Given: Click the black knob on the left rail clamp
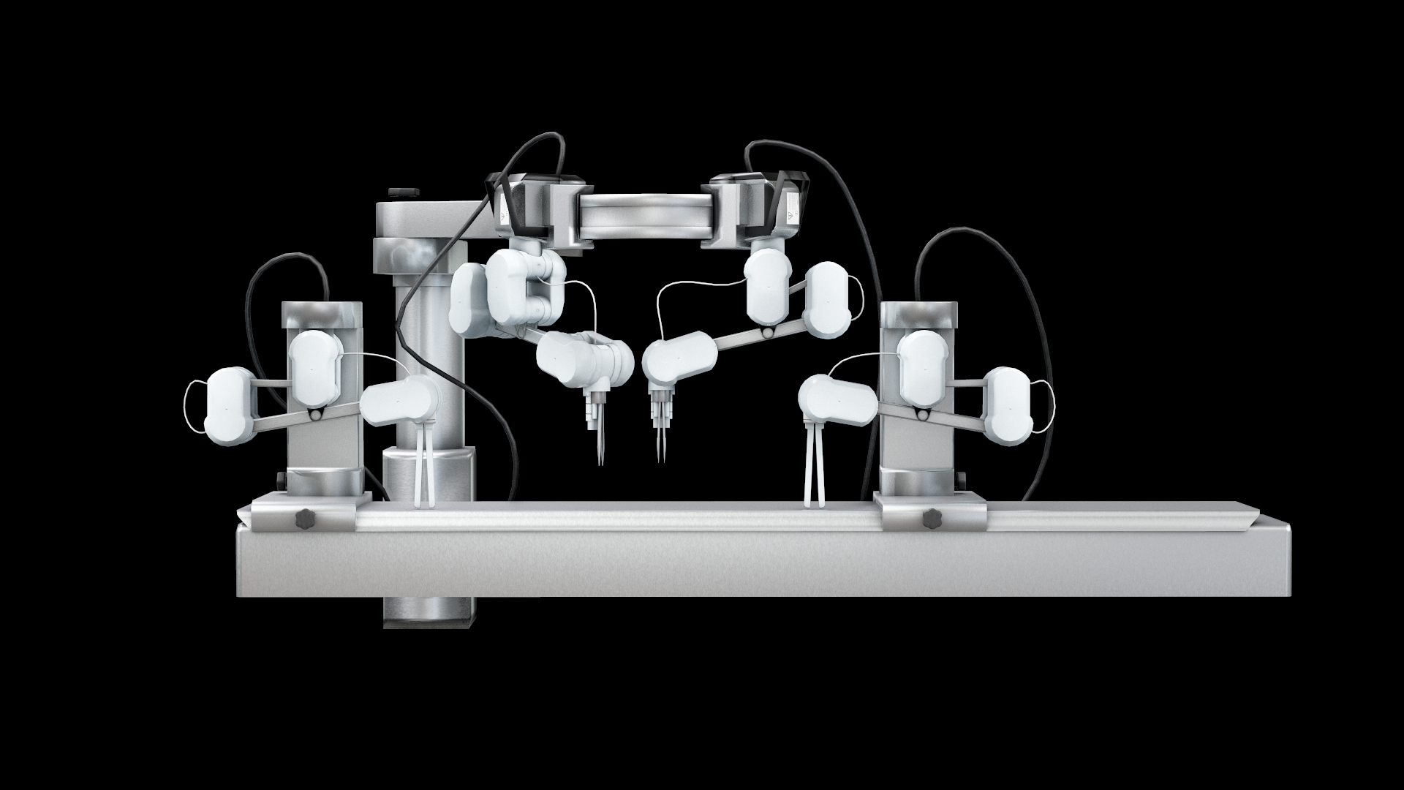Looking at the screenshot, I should pos(303,519).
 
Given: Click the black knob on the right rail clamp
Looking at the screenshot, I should pos(931,519).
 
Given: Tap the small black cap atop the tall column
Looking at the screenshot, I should pos(400,192).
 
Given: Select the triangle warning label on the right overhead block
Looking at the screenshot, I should pos(793,215).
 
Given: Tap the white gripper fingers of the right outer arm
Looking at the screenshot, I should pos(814,475).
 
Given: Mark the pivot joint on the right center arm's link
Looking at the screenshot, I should pos(766,334).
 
